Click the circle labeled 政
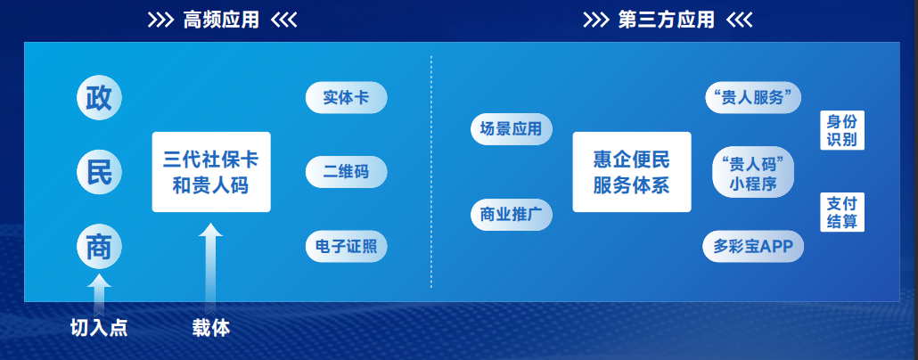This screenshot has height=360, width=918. pos(99,98)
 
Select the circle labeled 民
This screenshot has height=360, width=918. pos(99,172)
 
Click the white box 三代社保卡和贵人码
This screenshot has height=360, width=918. pos(211,172)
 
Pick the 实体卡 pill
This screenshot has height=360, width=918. pos(346,98)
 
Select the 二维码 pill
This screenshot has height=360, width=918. pos(346,172)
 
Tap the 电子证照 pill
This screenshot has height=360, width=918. pos(346,247)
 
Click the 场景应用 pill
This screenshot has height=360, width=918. pos(511,129)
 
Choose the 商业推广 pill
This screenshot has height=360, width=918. pos(511,215)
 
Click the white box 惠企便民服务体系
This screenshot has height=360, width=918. pos(632,172)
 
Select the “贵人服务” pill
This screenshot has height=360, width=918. pos(753,98)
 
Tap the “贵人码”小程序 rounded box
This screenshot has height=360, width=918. pos(753,172)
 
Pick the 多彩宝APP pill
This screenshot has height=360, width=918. pos(753,247)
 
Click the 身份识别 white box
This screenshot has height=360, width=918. pos(842,130)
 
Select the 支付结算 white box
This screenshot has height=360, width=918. pos(842,212)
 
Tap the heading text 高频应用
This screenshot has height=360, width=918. pos(221,20)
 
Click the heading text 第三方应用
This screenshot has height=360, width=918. pos(667,20)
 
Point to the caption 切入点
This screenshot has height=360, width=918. pos(99,329)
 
